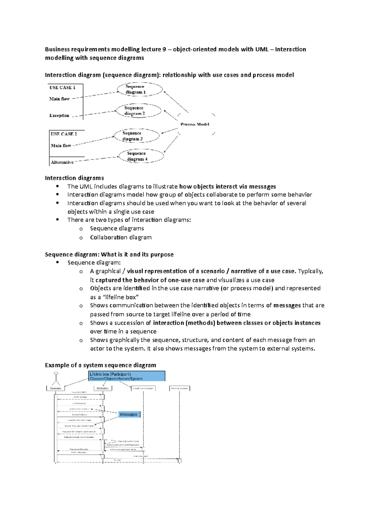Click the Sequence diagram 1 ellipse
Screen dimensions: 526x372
(139, 89)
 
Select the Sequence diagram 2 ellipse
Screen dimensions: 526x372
(138, 111)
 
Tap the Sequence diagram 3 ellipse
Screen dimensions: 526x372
(136, 136)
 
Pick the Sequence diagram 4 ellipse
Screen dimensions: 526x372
(141, 156)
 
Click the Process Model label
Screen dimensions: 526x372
(195, 124)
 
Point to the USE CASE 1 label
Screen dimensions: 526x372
(62, 88)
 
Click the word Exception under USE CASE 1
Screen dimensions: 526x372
(59, 116)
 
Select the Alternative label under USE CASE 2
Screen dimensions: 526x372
(62, 162)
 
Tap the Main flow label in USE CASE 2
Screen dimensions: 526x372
(61, 146)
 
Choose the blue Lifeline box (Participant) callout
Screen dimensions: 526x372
(126, 376)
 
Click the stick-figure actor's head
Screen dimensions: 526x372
(56, 374)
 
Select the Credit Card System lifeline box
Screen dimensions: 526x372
(143, 388)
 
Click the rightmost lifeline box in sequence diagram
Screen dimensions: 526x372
(179, 388)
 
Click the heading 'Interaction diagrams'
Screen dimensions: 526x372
(74, 178)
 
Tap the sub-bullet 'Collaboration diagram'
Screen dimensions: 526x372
(121, 237)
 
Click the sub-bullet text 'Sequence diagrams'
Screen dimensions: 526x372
(117, 228)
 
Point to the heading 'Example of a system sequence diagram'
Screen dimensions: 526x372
(100, 365)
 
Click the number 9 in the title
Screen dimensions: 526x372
(164, 49)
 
